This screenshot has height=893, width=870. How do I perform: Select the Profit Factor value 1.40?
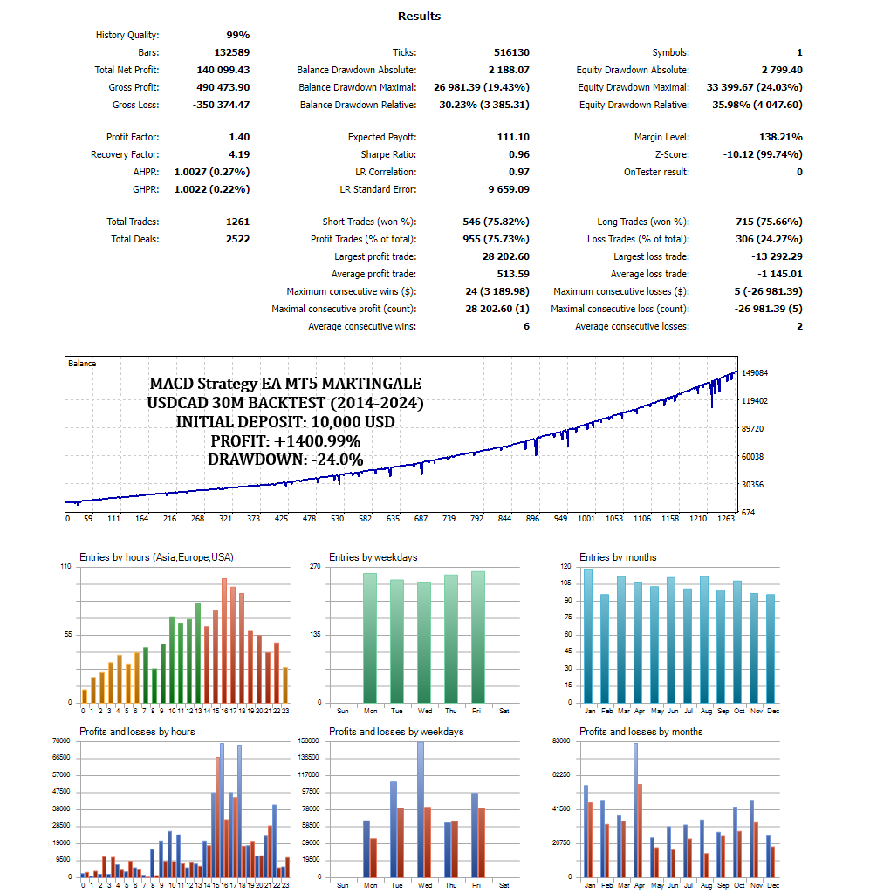[239, 137]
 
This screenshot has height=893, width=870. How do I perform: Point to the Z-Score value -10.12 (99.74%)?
[762, 154]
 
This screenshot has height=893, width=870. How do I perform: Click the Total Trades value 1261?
[237, 222]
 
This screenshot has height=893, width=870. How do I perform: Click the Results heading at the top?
[419, 16]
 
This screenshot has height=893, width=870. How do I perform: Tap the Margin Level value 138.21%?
[781, 137]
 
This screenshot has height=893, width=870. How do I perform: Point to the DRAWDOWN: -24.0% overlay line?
[285, 460]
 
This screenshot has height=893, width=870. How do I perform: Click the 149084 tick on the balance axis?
[755, 373]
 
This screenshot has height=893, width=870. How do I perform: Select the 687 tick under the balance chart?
[421, 519]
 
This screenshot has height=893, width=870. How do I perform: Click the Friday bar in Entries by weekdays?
[478, 637]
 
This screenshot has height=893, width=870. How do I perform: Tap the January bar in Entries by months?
[588, 636]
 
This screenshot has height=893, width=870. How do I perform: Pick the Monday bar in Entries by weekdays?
[370, 637]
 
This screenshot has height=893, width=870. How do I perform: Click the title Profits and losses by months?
[641, 732]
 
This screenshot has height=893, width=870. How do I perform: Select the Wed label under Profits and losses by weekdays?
[424, 885]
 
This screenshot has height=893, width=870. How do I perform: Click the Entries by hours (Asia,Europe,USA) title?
[156, 557]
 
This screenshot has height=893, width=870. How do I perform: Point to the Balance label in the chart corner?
[82, 363]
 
